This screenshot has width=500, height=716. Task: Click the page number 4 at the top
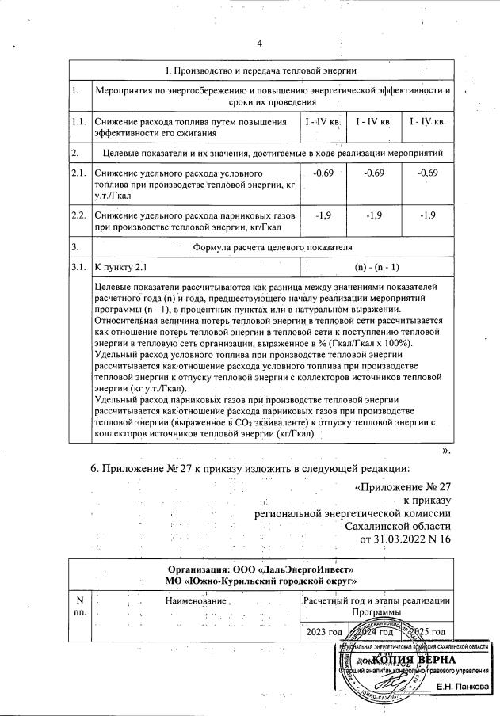[x=260, y=43]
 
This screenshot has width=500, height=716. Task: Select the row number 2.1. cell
[x=78, y=173]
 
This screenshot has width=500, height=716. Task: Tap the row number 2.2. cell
[x=78, y=215]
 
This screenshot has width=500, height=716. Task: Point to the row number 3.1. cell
[x=78, y=267]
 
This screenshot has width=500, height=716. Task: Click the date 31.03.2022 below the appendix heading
[x=396, y=539]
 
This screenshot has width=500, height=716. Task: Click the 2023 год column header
[x=324, y=631]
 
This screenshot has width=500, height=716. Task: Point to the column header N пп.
[x=78, y=607]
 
